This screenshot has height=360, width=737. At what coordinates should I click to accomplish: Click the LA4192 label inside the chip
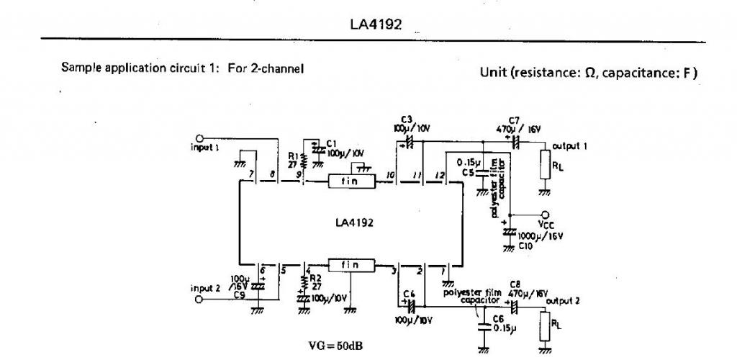pyautogui.click(x=354, y=222)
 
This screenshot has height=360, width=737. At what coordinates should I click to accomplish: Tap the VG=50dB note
pyautogui.click(x=336, y=346)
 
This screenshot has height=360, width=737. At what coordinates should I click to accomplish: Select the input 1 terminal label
pyautogui.click(x=206, y=147)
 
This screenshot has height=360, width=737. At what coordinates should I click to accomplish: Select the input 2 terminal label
pyautogui.click(x=205, y=288)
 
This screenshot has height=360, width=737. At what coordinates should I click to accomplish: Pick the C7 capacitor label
pyautogui.click(x=513, y=120)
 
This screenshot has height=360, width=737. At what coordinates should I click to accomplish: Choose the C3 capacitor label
pyautogui.click(x=407, y=120)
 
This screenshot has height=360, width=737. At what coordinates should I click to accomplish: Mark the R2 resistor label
pyautogui.click(x=315, y=277)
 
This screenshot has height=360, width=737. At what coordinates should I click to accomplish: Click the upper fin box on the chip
pyautogui.click(x=352, y=182)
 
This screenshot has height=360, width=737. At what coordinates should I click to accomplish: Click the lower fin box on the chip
pyautogui.click(x=352, y=264)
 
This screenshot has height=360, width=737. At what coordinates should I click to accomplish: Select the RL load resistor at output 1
pyautogui.click(x=545, y=164)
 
